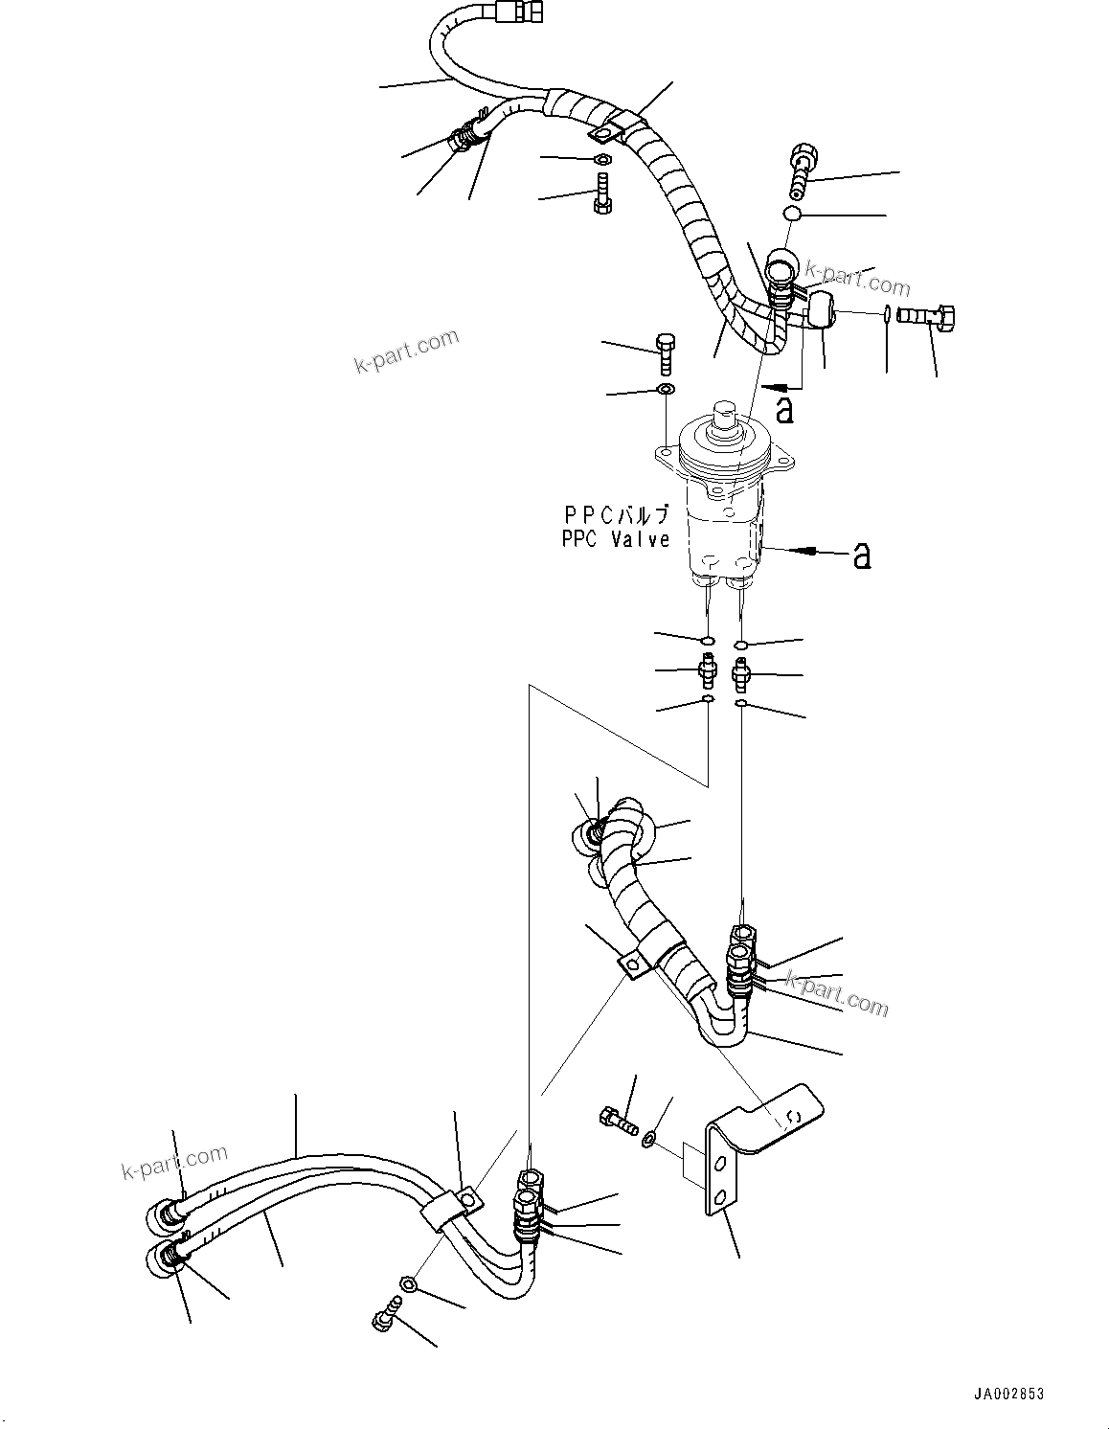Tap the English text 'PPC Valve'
click(616, 540)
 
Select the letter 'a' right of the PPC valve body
click(862, 555)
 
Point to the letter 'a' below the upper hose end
click(784, 409)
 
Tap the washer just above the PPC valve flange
click(665, 390)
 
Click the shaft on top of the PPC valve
click(725, 418)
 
